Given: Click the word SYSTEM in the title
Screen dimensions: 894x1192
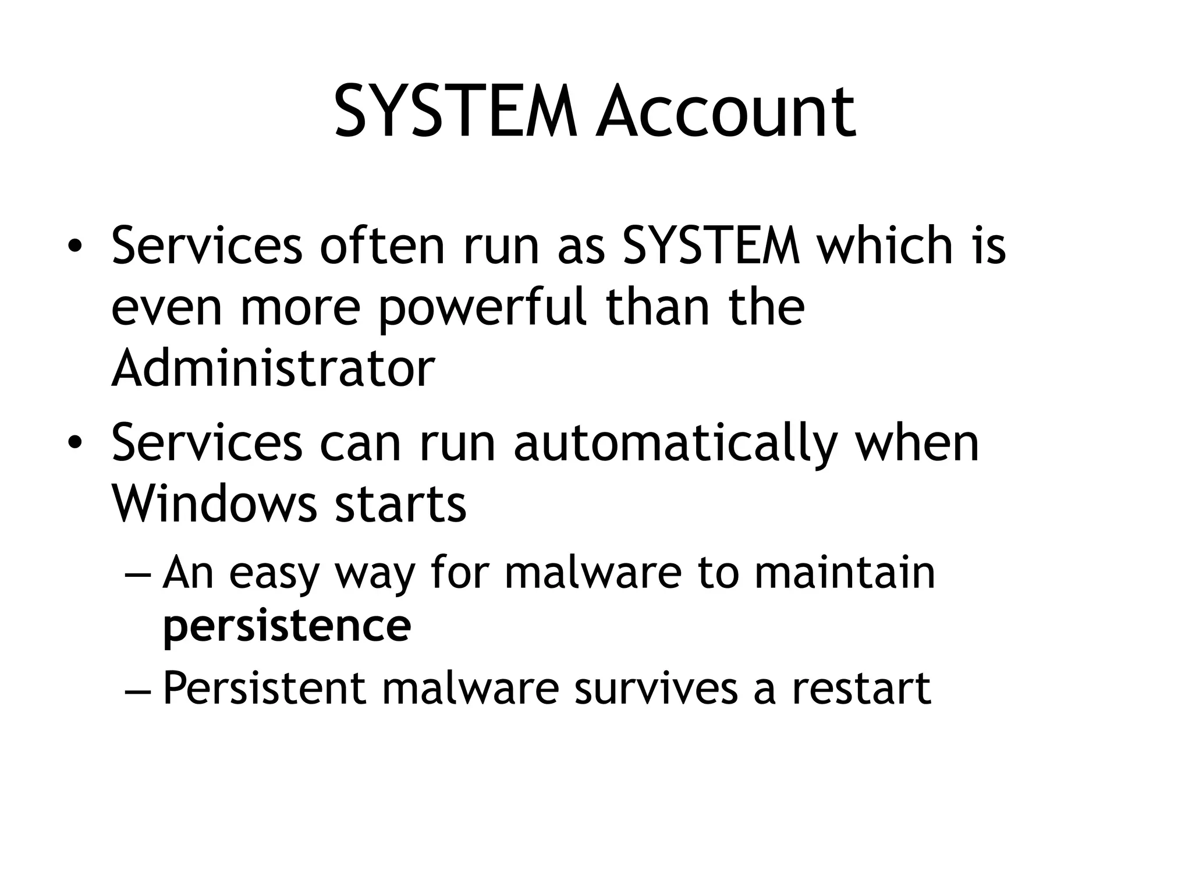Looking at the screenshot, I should [x=455, y=112].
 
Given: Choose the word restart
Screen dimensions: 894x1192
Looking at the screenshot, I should [x=861, y=688].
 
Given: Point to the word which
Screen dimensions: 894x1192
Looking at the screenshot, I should [x=884, y=246].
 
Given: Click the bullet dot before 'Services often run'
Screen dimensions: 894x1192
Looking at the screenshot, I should [x=74, y=247].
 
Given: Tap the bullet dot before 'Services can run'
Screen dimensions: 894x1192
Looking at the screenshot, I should [x=74, y=445].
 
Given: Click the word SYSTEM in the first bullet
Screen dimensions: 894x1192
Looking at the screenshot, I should [x=711, y=246].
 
